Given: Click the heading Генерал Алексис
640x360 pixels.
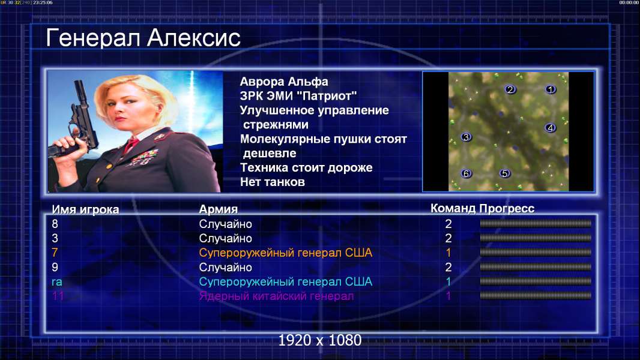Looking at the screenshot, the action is pos(143,38).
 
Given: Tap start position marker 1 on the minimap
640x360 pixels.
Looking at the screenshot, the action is pos(550,89).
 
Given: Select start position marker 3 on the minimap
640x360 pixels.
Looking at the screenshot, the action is pos(466,137).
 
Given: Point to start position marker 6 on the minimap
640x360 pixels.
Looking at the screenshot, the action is pos(466,173).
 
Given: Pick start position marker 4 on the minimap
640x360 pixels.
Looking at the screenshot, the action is pos(550,128).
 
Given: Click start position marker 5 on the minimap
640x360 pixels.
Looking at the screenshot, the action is pos(505,173).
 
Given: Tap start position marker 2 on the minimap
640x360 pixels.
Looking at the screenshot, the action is pos(510,89).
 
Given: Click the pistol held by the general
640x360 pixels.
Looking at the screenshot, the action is pos(77,122).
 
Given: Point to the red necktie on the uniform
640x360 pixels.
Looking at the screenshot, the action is pos(131,143).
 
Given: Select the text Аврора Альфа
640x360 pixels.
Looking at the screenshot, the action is pos(283,82).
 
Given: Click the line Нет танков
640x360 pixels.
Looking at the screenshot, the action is pos(272,182).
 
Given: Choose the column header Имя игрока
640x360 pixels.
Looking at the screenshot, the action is pos(85,209).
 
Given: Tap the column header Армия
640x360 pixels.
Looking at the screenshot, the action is pos(218,209).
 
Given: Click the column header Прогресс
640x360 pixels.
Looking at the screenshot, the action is pos(507,209).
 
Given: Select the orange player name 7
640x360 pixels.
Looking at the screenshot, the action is pos(55,253).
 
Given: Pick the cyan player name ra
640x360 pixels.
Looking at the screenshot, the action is pos(56,282).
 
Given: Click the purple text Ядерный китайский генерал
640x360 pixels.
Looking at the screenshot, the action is pos(276,296).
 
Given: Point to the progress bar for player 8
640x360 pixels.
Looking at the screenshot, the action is pos(536,223).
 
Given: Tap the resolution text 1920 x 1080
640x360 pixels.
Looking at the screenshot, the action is pos(319,340).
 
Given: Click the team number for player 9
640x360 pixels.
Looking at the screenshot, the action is pos(448,268).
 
